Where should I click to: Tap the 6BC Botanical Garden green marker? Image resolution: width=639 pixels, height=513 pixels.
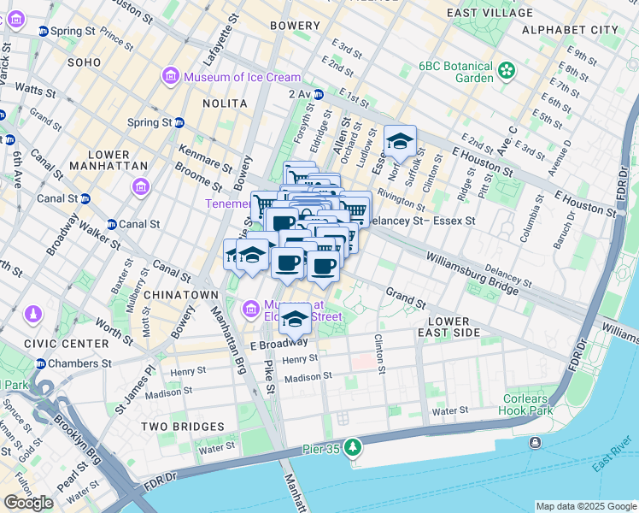[507, 69]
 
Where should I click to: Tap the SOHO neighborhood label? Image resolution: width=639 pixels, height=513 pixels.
[85, 62]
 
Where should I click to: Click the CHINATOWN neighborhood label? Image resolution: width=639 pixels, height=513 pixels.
[181, 295]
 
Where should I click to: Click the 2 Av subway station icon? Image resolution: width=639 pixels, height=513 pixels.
[318, 94]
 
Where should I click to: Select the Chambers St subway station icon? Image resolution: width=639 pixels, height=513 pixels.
[40, 363]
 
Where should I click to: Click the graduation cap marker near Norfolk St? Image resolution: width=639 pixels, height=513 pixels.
[399, 141]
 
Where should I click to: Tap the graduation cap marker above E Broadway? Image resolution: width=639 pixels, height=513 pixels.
[295, 319]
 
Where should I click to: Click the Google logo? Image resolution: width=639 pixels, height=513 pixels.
[28, 503]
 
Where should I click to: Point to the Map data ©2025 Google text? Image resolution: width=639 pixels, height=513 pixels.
[585, 506]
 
